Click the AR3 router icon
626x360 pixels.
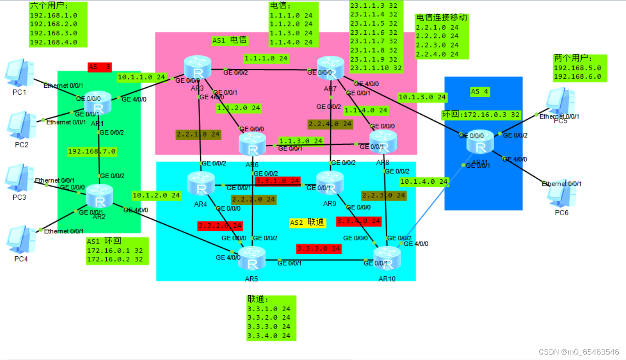(x=197, y=69)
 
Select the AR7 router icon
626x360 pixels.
(x=331, y=68)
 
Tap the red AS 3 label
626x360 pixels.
(x=100, y=67)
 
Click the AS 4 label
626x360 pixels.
(x=479, y=91)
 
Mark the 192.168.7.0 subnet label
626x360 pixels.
(x=92, y=151)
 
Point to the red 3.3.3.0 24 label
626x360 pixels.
(x=319, y=249)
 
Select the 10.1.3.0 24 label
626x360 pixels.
(x=422, y=97)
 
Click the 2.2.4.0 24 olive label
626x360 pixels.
(x=330, y=124)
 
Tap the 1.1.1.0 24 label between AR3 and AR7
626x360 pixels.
(x=266, y=58)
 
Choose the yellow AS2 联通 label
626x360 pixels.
(x=307, y=222)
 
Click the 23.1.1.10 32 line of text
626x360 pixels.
(x=376, y=68)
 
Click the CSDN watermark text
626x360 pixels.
(x=579, y=352)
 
